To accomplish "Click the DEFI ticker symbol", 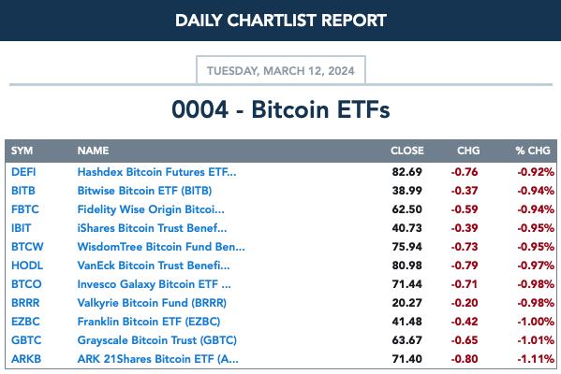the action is [23, 172].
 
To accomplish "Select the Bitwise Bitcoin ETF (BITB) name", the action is [144, 191].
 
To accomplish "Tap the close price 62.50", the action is [407, 209].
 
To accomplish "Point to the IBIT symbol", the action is [22, 228].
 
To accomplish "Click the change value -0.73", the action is [465, 247].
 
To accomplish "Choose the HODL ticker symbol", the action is [27, 266].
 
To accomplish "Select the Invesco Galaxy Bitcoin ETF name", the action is [155, 284].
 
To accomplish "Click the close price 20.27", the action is [407, 303].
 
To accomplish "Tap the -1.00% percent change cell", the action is [536, 322].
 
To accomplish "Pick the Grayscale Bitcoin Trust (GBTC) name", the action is [157, 340].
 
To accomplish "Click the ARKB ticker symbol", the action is [26, 359].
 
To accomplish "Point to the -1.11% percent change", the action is [536, 359].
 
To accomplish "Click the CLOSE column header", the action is [407, 151].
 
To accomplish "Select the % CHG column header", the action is [533, 151].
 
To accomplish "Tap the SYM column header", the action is [22, 151].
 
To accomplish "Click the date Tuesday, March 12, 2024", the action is [281, 71].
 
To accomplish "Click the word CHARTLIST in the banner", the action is [272, 21].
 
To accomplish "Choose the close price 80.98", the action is [407, 266].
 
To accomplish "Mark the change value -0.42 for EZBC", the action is [465, 322].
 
